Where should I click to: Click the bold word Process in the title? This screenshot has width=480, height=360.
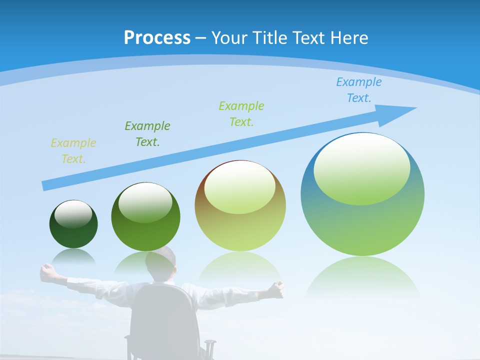coord(157,37)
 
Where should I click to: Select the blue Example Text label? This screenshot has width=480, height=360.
coord(358,90)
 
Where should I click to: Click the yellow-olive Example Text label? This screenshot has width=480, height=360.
coord(73,151)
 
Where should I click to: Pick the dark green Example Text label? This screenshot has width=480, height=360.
coord(147,134)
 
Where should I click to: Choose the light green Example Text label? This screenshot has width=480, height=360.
coord(241,114)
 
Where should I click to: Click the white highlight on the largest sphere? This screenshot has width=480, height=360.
coord(361,167)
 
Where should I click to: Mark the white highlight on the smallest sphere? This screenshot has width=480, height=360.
coord(73,214)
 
